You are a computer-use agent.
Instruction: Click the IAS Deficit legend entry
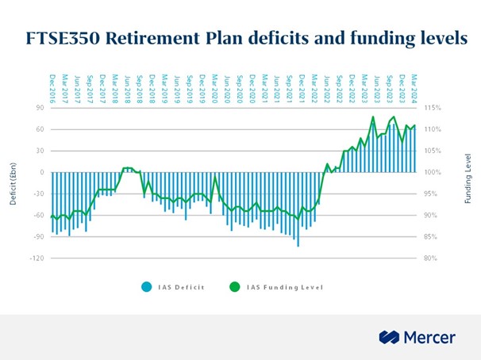click(x=182, y=287)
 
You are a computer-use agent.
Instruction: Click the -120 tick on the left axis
click(x=37, y=259)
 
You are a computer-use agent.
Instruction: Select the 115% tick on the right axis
click(x=432, y=108)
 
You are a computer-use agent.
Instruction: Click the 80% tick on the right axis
click(x=430, y=259)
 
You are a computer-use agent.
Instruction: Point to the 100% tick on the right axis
click(x=432, y=172)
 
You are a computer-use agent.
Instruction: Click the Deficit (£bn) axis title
click(x=13, y=182)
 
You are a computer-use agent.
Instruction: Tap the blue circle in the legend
click(x=147, y=287)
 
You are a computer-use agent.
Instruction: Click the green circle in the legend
click(x=234, y=287)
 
